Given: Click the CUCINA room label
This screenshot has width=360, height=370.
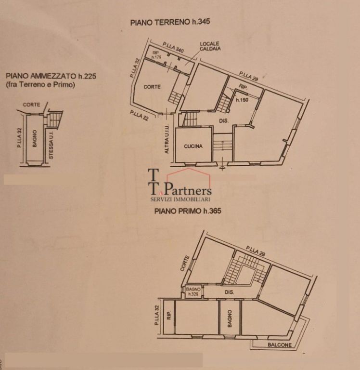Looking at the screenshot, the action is [x=193, y=146].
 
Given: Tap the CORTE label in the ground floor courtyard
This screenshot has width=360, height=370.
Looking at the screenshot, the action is [x=152, y=87].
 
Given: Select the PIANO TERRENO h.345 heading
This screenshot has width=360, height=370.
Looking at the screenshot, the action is [x=170, y=22].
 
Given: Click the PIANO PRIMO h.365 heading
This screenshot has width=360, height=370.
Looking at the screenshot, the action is [x=188, y=211].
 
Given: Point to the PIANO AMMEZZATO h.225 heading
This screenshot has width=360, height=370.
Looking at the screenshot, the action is [x=51, y=76].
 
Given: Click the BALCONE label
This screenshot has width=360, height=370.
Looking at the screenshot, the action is [x=280, y=345].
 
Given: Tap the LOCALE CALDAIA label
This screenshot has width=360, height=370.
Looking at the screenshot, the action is [x=210, y=46].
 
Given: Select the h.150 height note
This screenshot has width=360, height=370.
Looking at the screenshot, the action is [x=242, y=100].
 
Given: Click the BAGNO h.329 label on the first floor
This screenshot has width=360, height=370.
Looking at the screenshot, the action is [x=193, y=291].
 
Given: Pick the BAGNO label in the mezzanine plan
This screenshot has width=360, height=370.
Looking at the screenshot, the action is [x=35, y=139].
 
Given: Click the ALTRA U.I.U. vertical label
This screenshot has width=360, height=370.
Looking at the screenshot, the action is [x=167, y=139].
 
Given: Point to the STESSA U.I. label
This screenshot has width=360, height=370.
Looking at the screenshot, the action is [x=51, y=145].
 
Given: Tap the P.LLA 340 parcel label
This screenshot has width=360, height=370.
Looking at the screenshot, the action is [x=173, y=47].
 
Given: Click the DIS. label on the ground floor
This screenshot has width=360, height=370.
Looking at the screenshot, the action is [x=224, y=121].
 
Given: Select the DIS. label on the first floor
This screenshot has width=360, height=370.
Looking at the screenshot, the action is [x=230, y=292].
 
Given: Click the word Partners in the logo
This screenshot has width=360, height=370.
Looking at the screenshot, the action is [x=187, y=189].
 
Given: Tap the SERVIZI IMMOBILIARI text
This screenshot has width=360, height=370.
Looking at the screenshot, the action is [x=180, y=199].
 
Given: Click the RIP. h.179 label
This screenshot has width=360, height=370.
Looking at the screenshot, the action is [x=156, y=55].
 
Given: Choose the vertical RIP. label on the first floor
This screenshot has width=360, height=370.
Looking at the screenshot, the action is [x=169, y=315].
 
